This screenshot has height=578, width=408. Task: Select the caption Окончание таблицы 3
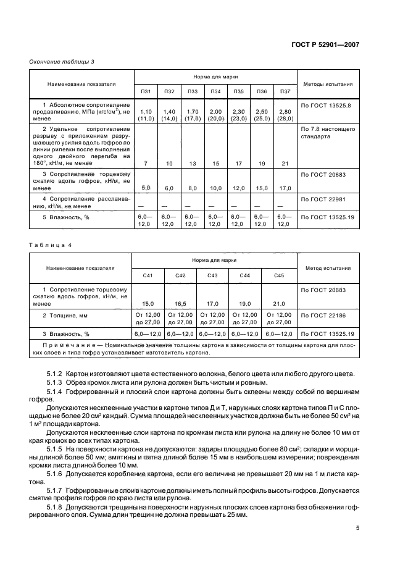pos(62,61)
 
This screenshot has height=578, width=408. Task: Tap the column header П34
pos(215,91)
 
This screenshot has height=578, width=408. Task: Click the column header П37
pos(285,91)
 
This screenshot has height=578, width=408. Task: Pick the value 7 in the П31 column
pos(146,163)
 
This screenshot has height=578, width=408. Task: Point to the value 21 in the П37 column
pos(285,163)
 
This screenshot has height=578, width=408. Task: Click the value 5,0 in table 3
pos(146,188)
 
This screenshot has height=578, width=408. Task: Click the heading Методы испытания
pos(328,83)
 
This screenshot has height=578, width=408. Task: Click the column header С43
pos(212,275)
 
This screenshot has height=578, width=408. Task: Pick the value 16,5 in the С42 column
pos(180,304)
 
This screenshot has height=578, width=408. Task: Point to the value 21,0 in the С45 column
pos(278,304)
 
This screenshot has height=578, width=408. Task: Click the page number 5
pos(357,528)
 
